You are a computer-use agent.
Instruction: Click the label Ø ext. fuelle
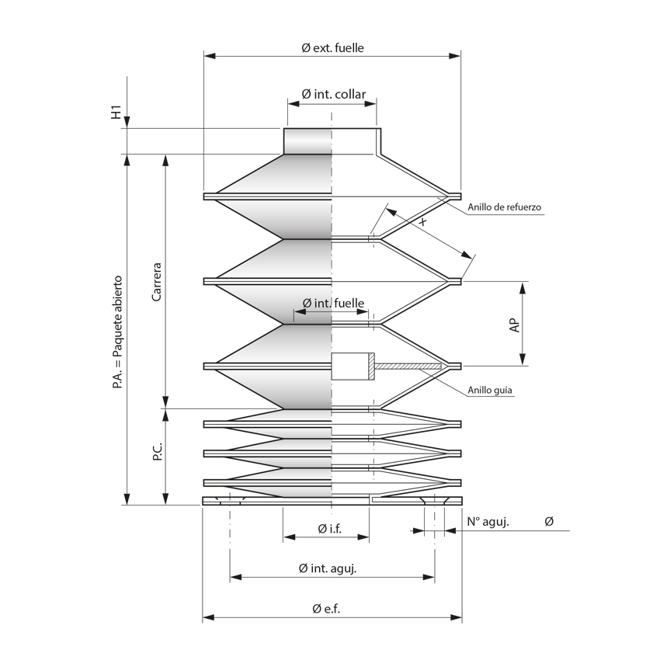click(332, 47)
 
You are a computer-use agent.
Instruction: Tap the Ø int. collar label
click(333, 94)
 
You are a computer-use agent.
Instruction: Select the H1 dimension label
click(116, 112)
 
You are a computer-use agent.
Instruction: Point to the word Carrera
click(157, 282)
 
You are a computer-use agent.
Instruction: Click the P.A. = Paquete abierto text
click(117, 332)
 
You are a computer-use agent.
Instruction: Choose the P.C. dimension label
click(157, 451)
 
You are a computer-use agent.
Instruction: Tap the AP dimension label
click(514, 325)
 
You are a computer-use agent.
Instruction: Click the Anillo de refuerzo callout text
click(504, 207)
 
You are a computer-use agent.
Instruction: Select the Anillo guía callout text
click(490, 391)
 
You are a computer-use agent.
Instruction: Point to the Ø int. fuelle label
click(333, 303)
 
